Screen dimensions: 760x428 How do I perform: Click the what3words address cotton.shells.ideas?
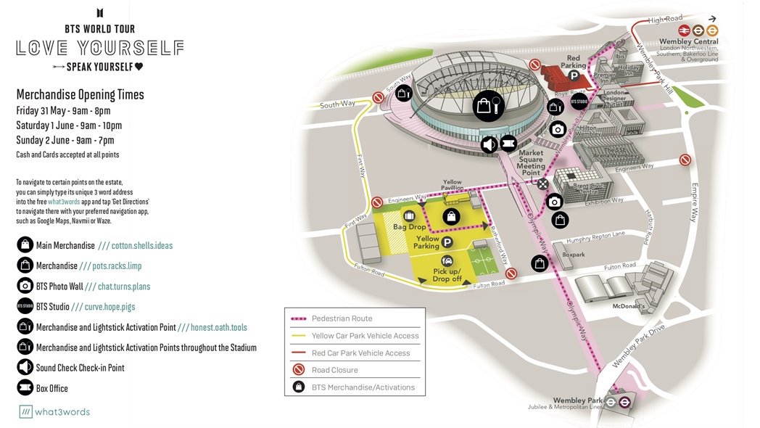(142, 246)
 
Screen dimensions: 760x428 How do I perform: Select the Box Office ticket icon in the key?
(25, 388)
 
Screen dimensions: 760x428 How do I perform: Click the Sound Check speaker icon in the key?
(25, 368)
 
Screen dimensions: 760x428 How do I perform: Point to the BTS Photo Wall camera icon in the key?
(25, 287)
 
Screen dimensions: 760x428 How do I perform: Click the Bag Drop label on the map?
(410, 228)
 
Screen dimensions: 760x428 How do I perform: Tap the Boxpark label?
(573, 255)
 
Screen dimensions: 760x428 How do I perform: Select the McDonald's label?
(628, 307)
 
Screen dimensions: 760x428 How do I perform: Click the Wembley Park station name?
(578, 400)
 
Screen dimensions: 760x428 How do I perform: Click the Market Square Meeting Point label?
(531, 163)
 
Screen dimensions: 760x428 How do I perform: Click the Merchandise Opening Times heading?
(80, 95)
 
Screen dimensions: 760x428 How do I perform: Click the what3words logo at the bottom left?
(54, 412)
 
